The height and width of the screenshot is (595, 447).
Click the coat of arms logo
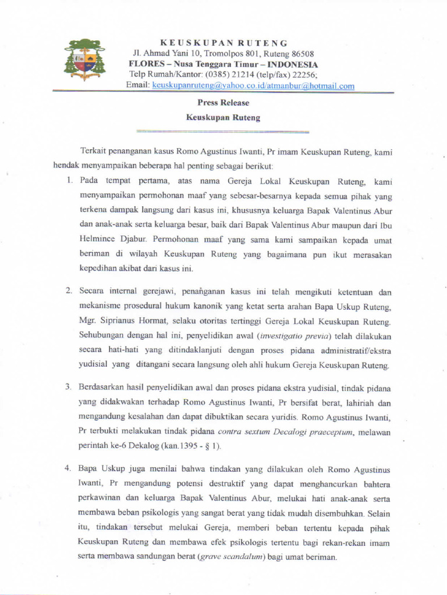coord(85,60)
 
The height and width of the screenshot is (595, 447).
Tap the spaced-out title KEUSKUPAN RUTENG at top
coord(223,43)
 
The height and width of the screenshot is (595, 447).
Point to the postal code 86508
coord(302,53)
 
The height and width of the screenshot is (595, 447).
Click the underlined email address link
coord(253,85)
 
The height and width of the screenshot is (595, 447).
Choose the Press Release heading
coord(223,103)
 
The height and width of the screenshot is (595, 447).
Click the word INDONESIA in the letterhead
coord(291,64)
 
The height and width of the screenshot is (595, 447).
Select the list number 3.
coord(68,387)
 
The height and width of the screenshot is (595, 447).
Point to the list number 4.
coord(68,469)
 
